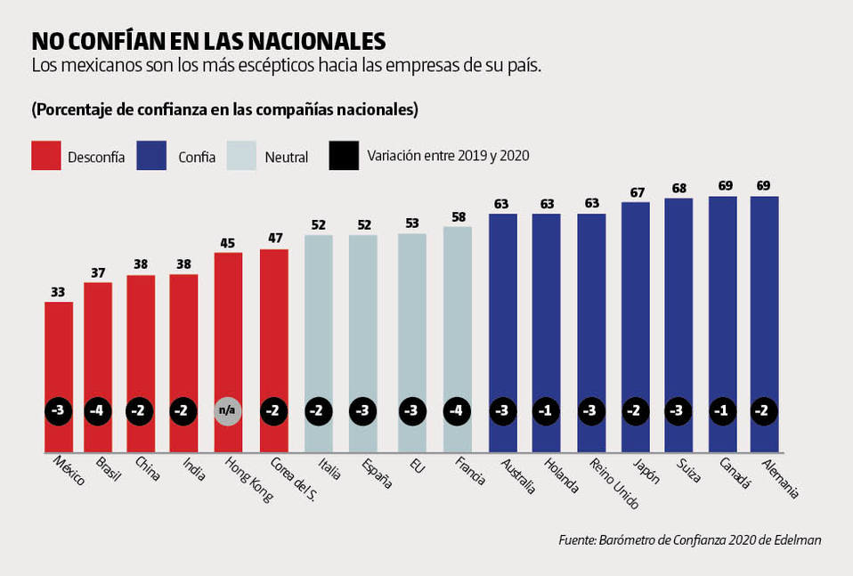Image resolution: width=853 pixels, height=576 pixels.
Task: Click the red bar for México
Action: [x=59, y=356]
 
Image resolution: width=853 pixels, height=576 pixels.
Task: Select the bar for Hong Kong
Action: [x=228, y=338]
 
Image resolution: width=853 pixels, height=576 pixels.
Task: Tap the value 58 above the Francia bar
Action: [x=458, y=215]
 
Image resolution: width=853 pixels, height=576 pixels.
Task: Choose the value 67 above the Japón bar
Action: [x=635, y=191]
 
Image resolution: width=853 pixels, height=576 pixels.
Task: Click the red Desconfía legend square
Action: [x=45, y=155]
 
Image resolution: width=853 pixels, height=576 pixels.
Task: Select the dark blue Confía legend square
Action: [x=152, y=155]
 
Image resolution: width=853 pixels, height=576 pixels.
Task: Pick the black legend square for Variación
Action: [x=342, y=155]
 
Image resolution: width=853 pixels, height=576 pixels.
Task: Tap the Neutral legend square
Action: [x=242, y=155]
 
